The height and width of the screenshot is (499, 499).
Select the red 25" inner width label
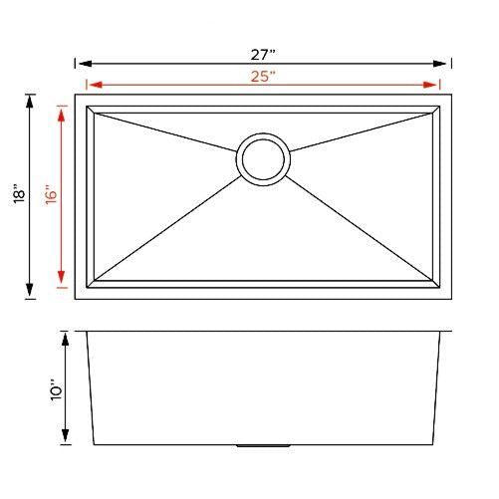pyautogui.click(x=264, y=76)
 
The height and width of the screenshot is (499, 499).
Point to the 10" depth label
pyautogui.click(x=56, y=388)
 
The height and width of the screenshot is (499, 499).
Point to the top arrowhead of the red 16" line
pyautogui.click(x=63, y=113)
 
